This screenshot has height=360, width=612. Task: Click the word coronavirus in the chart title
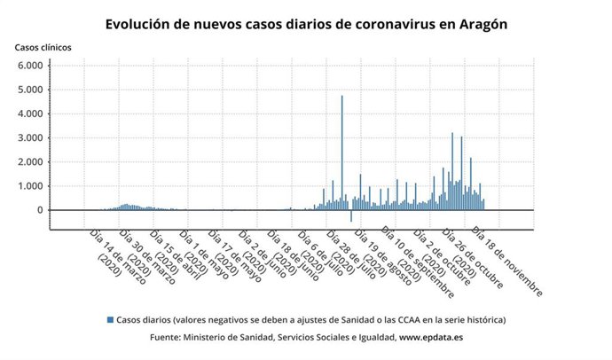(373, 25)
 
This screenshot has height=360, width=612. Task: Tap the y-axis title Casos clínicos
(43, 46)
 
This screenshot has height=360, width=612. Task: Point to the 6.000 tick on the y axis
(30, 66)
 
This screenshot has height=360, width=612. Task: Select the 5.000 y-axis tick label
(30, 90)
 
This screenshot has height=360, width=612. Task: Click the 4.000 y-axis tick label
(30, 113)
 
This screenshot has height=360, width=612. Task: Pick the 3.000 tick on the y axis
(30, 138)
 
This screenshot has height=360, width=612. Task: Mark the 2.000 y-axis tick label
(30, 162)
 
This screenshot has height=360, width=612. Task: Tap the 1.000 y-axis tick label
(30, 186)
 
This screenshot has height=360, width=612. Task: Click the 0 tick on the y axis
(40, 210)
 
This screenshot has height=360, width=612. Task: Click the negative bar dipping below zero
(350, 215)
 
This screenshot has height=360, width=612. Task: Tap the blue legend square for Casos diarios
(110, 319)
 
